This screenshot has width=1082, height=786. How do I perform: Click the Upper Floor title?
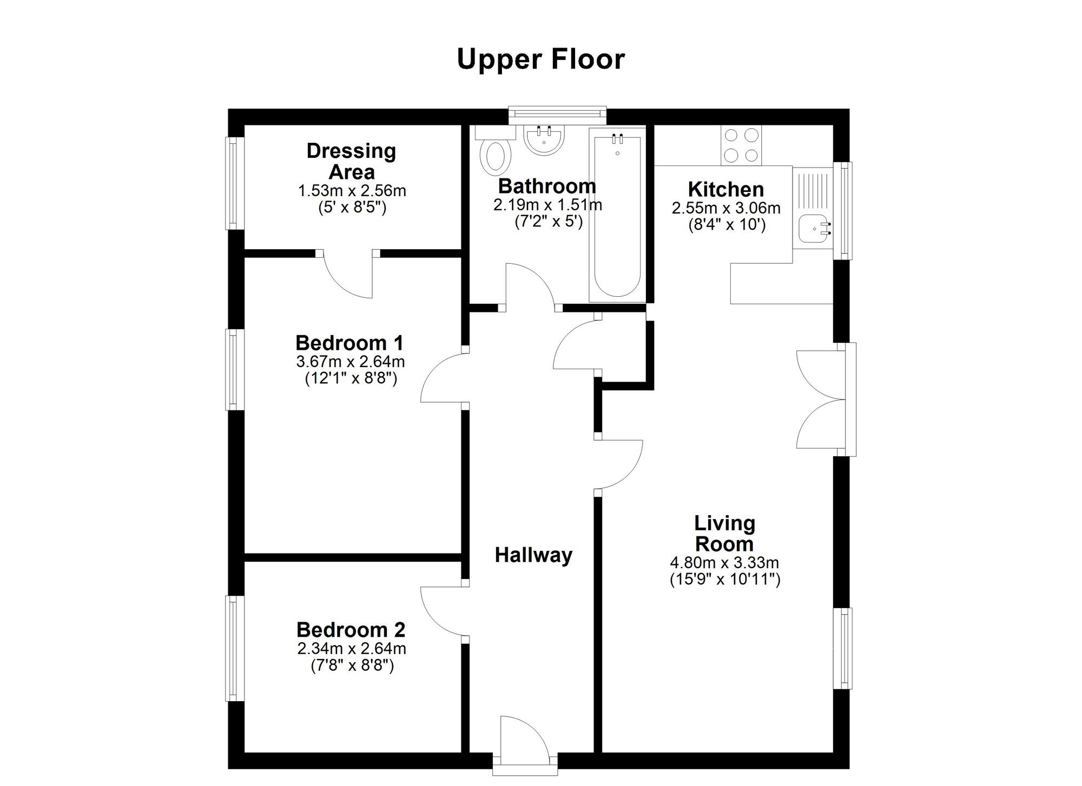540,59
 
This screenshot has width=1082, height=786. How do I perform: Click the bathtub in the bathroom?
617,214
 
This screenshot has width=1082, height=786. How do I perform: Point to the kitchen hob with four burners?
741,145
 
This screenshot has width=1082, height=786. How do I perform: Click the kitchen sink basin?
813,229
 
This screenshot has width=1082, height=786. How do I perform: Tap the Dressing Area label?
352,161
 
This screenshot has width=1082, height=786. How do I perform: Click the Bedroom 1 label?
349,343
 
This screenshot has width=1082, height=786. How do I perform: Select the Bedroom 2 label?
351,630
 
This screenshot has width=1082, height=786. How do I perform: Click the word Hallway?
533,556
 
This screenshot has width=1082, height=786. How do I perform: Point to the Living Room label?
724,533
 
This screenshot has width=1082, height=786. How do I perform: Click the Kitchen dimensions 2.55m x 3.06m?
726,208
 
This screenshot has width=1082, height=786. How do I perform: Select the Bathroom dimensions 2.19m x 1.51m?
547,205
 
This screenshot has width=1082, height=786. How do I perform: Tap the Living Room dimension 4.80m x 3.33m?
724,563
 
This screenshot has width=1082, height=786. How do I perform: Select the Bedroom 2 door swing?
444,611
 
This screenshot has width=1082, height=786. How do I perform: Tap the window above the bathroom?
557,113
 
